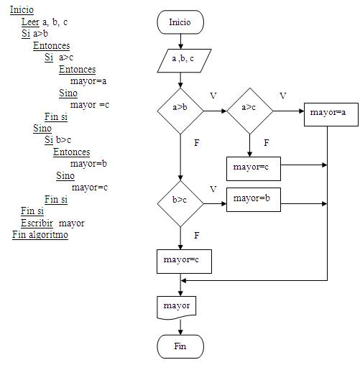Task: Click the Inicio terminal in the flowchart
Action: pos(180,22)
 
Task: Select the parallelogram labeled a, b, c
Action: pos(184,60)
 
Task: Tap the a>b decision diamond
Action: pos(180,111)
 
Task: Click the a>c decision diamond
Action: pos(250,111)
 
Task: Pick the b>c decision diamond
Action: pos(180,203)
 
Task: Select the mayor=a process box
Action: pos(331,114)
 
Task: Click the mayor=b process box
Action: pos(254,200)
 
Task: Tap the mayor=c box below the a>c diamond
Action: pos(254,169)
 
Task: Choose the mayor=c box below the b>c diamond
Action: pos(184,262)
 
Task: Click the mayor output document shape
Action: pos(177,308)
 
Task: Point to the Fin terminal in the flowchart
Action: pos(180,346)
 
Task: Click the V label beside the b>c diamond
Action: pos(213,189)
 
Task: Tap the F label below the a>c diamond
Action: pos(267,143)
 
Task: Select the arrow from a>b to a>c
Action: pos(215,111)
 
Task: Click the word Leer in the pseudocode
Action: pos(30,22)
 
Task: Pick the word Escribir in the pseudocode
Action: pos(37,223)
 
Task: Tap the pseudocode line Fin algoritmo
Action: pos(40,234)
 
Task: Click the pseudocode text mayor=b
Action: pos(88,164)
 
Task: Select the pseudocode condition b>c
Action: pos(63,139)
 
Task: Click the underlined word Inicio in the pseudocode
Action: pos(22,10)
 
